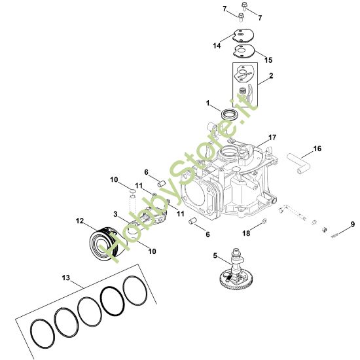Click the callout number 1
click(208, 104)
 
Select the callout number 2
click(270, 76)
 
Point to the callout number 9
click(352, 225)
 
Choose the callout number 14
click(216, 46)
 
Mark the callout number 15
click(268, 60)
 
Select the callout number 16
click(317, 149)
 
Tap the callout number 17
click(272, 138)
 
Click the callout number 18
click(246, 232)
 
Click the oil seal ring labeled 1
click(229, 115)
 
